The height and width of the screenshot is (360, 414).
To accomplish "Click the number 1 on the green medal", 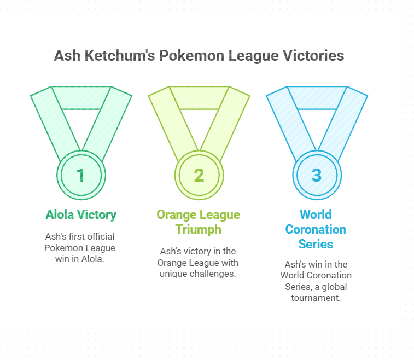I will (81, 175).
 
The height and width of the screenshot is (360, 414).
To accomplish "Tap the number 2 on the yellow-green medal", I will (199, 175).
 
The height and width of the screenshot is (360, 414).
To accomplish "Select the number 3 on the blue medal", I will (317, 175).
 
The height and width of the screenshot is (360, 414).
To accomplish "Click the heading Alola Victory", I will (80, 214).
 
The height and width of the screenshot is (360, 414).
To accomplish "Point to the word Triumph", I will (199, 229).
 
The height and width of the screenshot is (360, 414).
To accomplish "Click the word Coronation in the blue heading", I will (316, 229).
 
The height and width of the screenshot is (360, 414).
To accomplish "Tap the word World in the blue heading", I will (316, 214).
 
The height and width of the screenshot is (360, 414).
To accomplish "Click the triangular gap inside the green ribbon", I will (81, 123).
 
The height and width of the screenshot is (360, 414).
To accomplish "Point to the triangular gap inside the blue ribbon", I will (317, 123).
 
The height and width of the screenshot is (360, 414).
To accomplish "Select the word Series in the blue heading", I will (316, 244).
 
